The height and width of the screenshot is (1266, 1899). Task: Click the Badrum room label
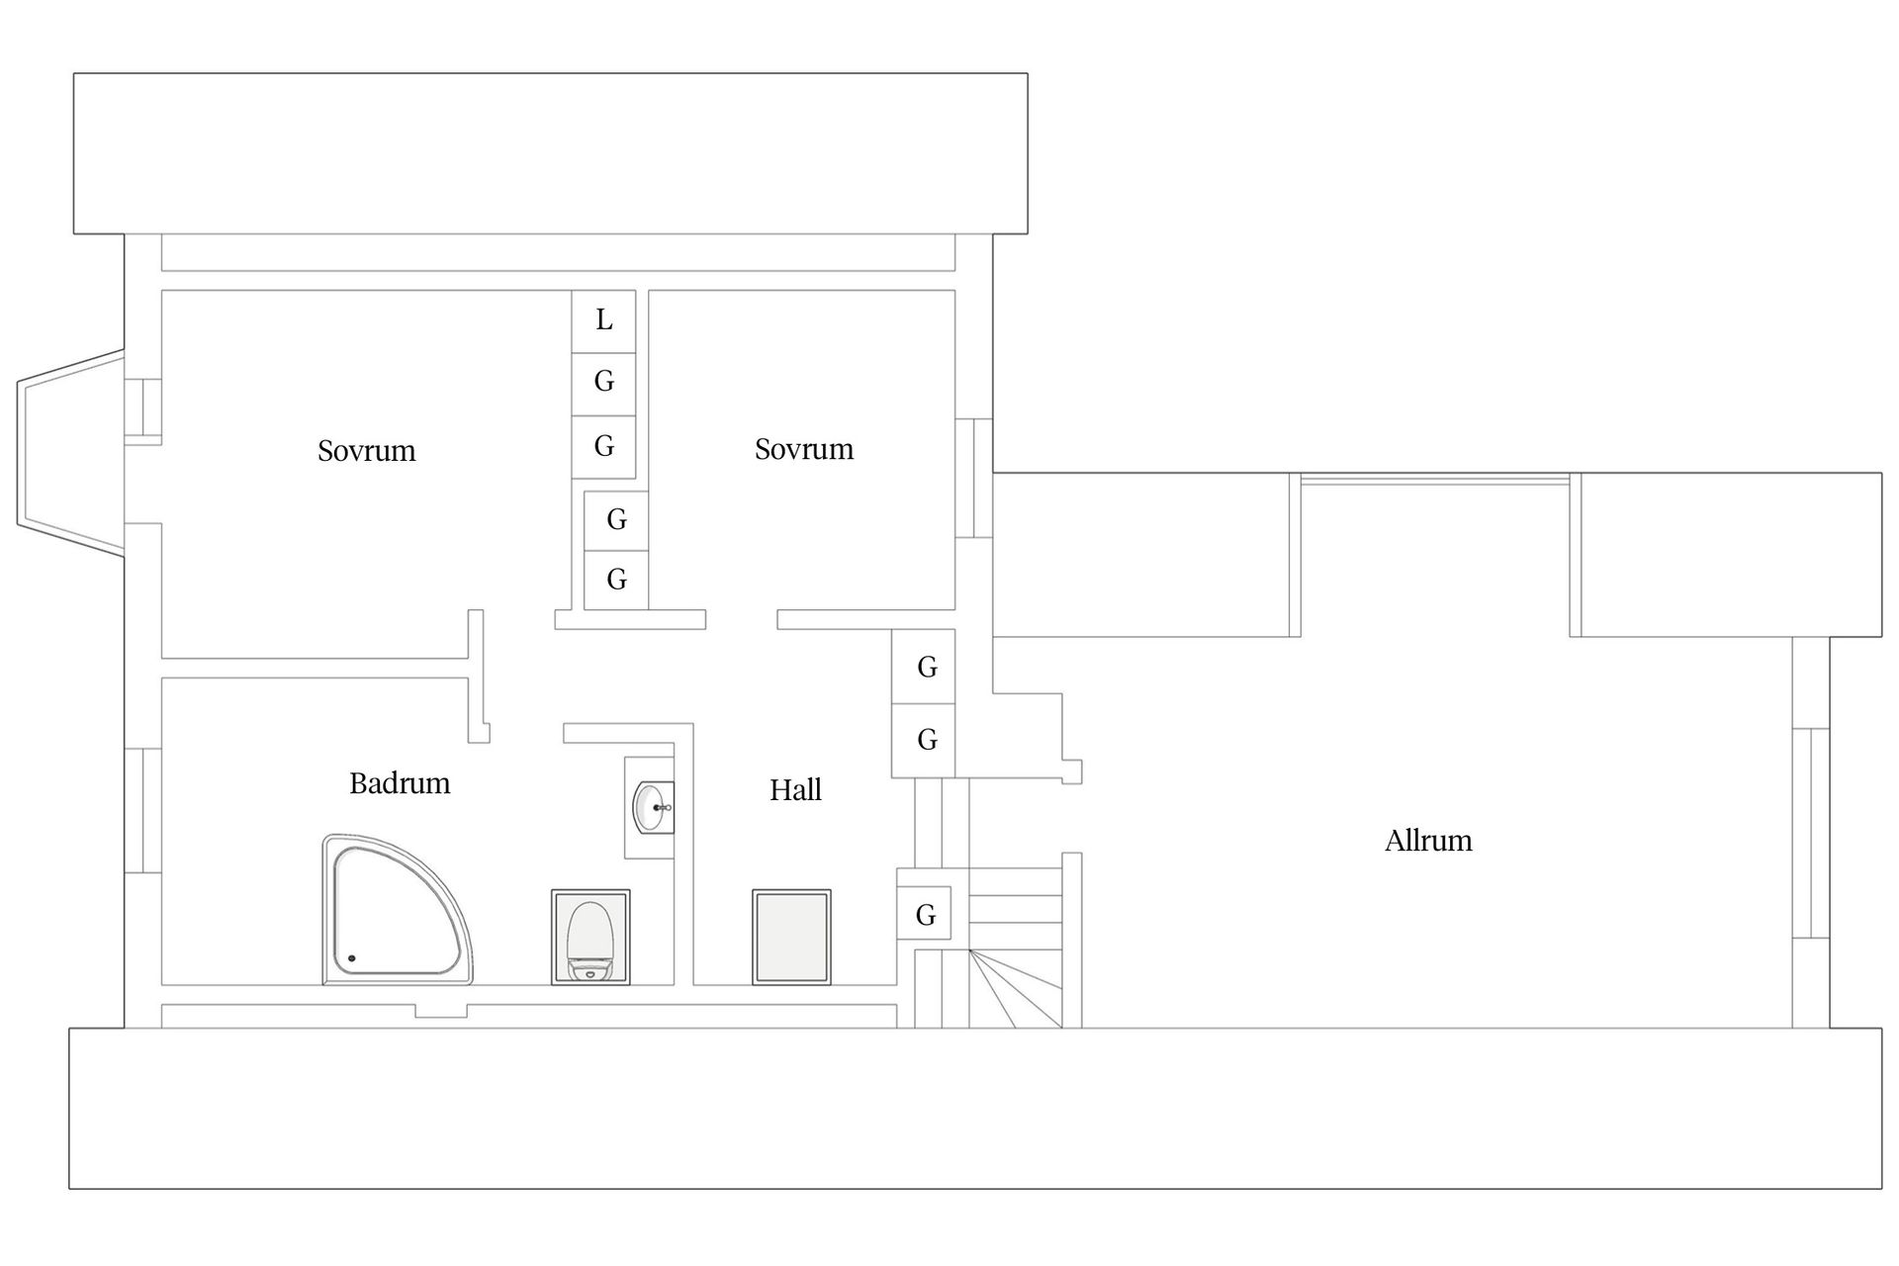(x=400, y=783)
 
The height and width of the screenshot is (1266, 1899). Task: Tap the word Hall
(x=796, y=789)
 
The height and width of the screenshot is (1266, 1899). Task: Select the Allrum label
(x=1428, y=841)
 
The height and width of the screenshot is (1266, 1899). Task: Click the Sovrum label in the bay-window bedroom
(x=366, y=451)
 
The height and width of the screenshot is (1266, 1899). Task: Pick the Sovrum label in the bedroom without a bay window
(x=804, y=449)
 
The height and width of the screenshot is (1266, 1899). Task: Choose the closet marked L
(x=603, y=320)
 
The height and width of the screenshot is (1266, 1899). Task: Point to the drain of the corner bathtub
(x=351, y=958)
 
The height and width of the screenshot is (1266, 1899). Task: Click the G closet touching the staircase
(x=925, y=915)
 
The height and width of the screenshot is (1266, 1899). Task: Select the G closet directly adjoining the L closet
(x=603, y=382)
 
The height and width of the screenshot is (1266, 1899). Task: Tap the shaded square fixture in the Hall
(x=791, y=937)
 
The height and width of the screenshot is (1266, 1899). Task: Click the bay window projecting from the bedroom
(x=70, y=451)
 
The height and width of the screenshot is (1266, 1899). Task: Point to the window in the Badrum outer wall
(x=143, y=810)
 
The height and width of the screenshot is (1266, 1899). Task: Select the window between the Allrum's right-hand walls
(x=1811, y=832)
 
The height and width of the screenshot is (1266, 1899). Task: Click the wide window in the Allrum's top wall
(x=1435, y=480)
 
